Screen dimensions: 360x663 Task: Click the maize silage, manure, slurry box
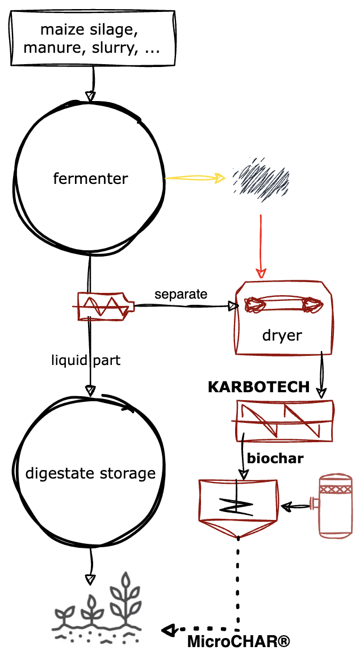tap(92, 38)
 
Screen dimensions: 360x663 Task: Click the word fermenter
tap(90, 179)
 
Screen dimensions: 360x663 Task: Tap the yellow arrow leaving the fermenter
tap(195, 178)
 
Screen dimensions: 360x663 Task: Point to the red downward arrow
tap(261, 245)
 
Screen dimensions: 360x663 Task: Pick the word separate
tap(181, 294)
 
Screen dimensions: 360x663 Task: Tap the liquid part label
tap(86, 360)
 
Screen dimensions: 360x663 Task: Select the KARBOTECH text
tap(258, 388)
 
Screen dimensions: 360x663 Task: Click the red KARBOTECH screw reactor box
tap(284, 421)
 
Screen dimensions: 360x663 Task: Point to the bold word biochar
tap(275, 458)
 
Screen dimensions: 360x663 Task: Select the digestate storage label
tap(90, 473)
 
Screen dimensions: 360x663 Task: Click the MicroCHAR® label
tap(238, 642)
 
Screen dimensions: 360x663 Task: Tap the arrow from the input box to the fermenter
tap(92, 83)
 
